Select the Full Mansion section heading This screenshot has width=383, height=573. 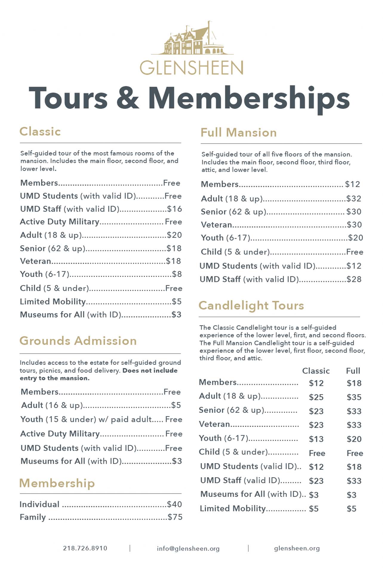(x=239, y=133)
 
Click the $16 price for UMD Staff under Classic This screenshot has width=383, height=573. (x=175, y=209)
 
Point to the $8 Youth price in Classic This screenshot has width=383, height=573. (x=177, y=274)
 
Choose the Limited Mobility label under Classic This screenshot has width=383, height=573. (x=53, y=301)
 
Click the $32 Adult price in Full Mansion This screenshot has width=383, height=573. (x=354, y=198)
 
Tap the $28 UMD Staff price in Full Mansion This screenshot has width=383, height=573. (x=354, y=279)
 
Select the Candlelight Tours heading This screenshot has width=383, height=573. (x=251, y=305)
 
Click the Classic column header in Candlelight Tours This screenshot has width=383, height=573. (x=316, y=371)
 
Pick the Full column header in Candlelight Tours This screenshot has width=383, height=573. (x=353, y=371)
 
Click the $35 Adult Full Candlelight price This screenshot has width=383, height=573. (x=354, y=397)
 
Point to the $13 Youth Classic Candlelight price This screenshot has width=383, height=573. (x=316, y=439)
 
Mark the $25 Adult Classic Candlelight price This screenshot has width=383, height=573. (x=316, y=397)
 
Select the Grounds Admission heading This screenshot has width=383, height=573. (x=78, y=341)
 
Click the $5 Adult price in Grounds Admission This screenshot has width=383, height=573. (x=176, y=405)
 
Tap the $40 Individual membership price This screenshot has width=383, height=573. (x=175, y=504)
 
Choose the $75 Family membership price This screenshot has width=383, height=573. (x=175, y=517)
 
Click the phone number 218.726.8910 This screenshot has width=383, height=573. (x=85, y=548)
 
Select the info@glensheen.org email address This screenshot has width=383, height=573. (x=188, y=549)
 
